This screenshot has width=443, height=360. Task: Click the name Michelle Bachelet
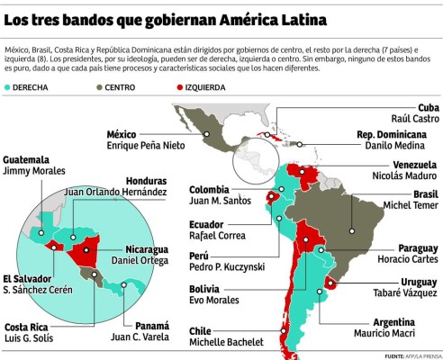(x=226, y=342)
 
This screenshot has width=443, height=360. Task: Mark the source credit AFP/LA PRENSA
(x=419, y=355)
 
